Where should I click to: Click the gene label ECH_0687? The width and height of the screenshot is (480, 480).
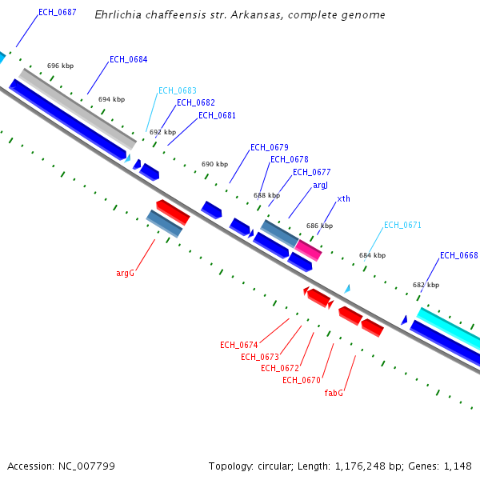(x=58, y=12)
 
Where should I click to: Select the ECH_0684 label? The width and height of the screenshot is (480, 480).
(x=128, y=59)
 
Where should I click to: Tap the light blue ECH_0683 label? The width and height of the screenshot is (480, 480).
(x=177, y=90)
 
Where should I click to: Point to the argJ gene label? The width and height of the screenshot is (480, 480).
(x=320, y=185)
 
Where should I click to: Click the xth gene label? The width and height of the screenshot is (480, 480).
(x=343, y=198)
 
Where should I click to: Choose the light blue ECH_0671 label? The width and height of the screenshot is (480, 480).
(x=402, y=225)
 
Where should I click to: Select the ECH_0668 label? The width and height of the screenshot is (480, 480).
(x=458, y=255)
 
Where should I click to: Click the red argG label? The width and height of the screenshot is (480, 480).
(x=125, y=273)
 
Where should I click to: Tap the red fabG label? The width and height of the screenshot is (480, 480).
(x=334, y=393)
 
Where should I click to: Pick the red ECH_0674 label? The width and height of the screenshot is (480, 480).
(x=239, y=345)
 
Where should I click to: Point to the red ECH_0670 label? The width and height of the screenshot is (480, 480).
(x=302, y=380)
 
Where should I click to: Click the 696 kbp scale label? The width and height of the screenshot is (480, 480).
(x=60, y=66)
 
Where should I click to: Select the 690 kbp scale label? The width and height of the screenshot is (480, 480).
(x=214, y=164)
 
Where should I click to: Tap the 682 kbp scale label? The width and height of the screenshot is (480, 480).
(x=426, y=285)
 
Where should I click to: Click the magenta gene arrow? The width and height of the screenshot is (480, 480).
(x=309, y=250)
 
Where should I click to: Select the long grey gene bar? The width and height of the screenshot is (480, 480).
(x=78, y=109)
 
